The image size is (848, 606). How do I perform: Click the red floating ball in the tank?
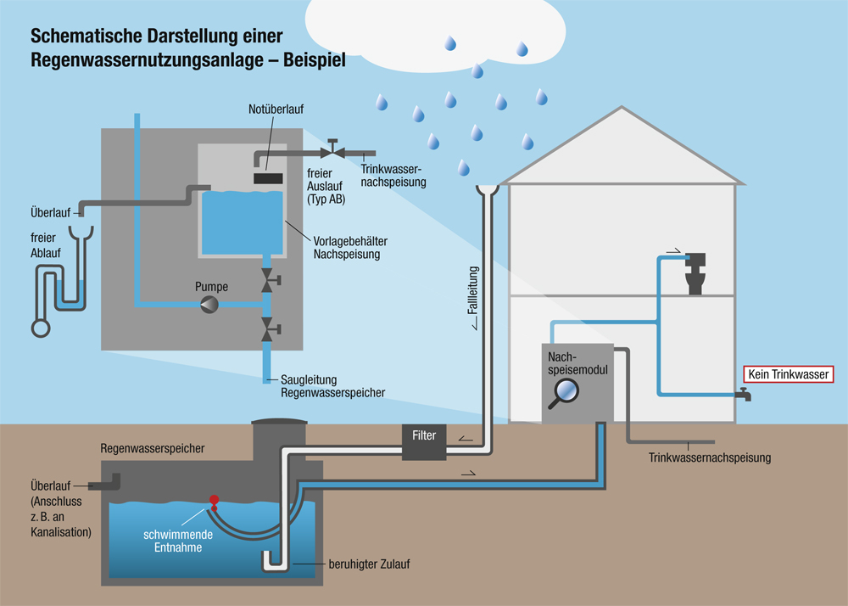click(215, 500)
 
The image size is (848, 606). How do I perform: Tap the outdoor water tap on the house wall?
click(744, 395)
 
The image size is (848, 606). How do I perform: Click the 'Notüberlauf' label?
click(276, 109)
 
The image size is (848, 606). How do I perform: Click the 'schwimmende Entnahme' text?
click(177, 542)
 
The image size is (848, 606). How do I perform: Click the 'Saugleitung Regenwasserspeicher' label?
click(332, 386)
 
